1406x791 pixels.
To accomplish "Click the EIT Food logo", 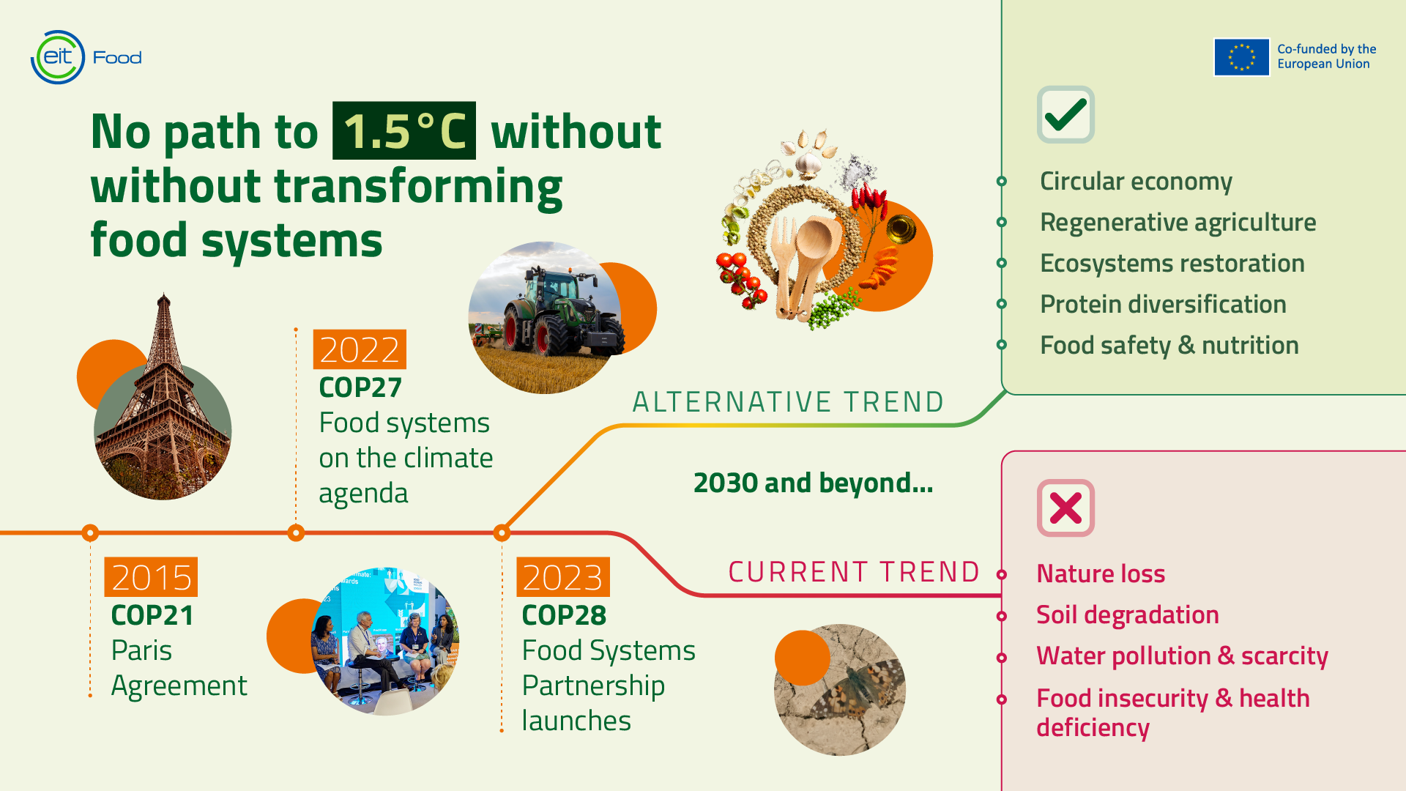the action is (x=86, y=57).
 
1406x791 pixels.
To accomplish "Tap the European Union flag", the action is (x=1241, y=57).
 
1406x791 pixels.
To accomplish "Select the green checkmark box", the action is (x=1065, y=114).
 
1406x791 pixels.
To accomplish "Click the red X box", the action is (x=1065, y=508).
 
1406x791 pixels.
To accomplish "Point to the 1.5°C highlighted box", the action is (x=404, y=131).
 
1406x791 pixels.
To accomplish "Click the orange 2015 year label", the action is (x=151, y=577).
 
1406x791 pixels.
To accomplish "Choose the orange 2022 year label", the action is (x=360, y=349).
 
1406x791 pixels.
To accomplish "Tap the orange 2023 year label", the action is (x=562, y=577).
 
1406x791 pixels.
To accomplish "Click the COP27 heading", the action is (x=360, y=387).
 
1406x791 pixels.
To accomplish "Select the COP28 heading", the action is (x=564, y=615).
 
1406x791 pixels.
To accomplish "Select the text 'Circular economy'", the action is (x=1136, y=181).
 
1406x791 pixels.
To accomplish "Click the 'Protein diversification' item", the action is (x=1163, y=304).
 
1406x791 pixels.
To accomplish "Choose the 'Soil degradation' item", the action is (x=1128, y=615).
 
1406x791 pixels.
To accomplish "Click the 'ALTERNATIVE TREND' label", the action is (x=788, y=401).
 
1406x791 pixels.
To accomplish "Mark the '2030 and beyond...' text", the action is (x=813, y=483).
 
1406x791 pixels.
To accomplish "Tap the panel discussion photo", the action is (x=384, y=641).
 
